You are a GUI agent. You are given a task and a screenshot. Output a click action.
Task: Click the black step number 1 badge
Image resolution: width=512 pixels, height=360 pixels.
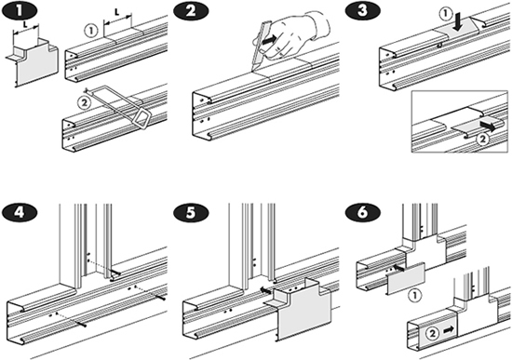click(x=20, y=10)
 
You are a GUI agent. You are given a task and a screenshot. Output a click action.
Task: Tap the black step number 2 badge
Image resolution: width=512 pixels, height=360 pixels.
click(x=192, y=11)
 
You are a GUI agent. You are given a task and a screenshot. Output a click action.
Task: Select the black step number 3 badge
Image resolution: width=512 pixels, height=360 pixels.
click(x=363, y=10)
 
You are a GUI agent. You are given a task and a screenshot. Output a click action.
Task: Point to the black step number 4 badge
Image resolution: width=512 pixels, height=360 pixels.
click(x=20, y=212)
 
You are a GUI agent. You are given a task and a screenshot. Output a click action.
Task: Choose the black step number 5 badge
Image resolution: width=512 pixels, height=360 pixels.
click(x=192, y=212)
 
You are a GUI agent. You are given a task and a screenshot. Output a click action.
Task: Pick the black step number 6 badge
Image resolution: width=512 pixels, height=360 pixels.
click(x=363, y=212)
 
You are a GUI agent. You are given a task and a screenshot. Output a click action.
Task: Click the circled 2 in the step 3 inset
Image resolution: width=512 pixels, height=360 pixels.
click(x=482, y=140)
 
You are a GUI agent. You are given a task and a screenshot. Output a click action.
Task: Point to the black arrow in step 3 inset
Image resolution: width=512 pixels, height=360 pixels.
click(x=488, y=126)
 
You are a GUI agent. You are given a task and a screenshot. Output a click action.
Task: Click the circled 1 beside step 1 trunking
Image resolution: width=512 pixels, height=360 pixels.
click(x=91, y=31)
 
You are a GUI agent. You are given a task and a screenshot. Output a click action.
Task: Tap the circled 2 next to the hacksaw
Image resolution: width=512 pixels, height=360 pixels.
click(x=84, y=103)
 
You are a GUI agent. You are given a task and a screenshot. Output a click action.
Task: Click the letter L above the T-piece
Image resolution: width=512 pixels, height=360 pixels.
click(x=25, y=23)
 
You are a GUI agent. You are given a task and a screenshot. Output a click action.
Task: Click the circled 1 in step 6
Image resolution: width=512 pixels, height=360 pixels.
click(x=415, y=295)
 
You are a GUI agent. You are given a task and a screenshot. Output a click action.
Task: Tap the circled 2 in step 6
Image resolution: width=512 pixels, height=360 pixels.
click(x=432, y=333)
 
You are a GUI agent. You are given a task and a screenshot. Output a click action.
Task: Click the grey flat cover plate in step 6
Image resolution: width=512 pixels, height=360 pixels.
click(x=406, y=277)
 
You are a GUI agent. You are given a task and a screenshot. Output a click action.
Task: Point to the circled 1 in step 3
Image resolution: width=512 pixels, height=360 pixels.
click(x=445, y=14)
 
